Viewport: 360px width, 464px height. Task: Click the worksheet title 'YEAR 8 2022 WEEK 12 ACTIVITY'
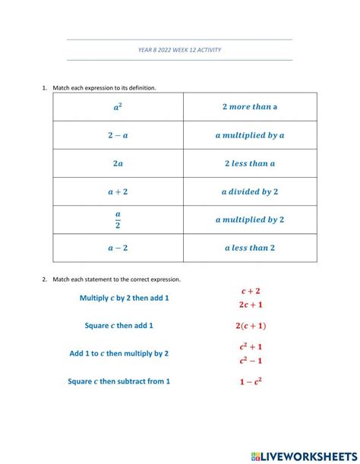[x=180, y=50]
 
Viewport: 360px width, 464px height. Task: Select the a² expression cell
[x=118, y=107]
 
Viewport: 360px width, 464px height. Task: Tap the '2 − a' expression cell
[x=118, y=135]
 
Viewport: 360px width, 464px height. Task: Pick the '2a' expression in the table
[x=118, y=163]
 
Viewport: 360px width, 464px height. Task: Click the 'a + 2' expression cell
[x=118, y=192]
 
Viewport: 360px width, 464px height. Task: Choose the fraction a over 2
[x=118, y=219]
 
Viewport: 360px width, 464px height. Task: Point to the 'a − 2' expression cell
[x=118, y=248]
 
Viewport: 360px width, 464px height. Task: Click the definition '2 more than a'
[x=250, y=107]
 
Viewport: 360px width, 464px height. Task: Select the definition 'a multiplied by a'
[x=250, y=135]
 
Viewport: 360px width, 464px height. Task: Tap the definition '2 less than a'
[x=250, y=163]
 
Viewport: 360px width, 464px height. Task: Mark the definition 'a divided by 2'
[x=250, y=192]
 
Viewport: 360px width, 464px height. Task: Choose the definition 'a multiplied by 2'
[x=250, y=219]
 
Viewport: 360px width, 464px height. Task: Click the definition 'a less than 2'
[x=250, y=248]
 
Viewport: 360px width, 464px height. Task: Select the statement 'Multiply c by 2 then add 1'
[x=124, y=298]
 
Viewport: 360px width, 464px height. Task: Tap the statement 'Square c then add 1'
[x=119, y=325]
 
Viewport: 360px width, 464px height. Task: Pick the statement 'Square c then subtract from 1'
[x=118, y=381]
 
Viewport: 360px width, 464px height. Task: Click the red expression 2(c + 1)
[x=251, y=326]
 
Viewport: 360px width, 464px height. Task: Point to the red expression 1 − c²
[x=251, y=381]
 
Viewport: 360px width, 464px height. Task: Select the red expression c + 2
[x=251, y=291]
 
